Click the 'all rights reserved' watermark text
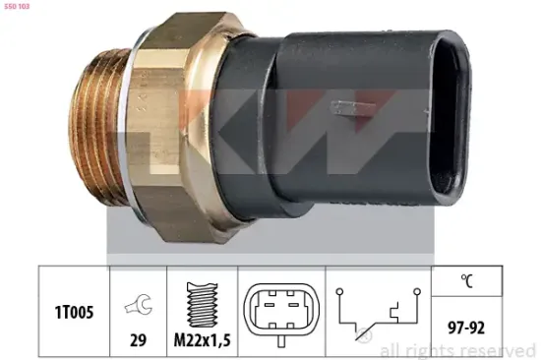click(457, 349)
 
